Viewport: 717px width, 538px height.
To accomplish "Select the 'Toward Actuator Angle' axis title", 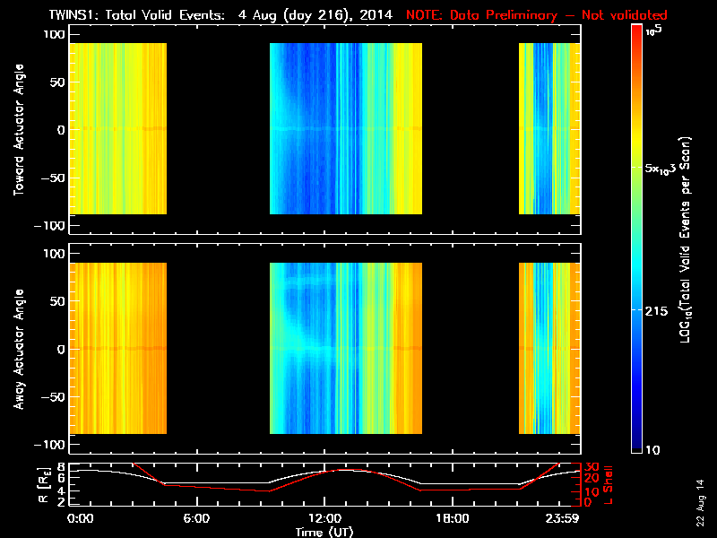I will [17, 129].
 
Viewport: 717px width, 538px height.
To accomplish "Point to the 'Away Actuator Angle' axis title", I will [17, 349].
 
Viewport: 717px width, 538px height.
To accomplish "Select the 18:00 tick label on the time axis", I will [452, 518].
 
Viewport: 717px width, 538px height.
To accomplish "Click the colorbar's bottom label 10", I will [654, 448].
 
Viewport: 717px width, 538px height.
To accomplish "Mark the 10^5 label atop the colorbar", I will [653, 30].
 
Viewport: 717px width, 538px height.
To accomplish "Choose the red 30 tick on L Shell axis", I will [591, 467].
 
